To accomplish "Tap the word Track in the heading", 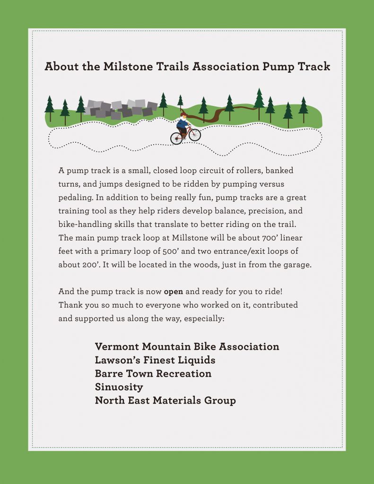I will [x=314, y=66].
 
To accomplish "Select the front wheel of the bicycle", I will [x=194, y=135].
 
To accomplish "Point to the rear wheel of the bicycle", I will [x=176, y=138].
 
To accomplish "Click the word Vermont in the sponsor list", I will [x=117, y=346].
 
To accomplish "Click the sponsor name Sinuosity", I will [x=119, y=387].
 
